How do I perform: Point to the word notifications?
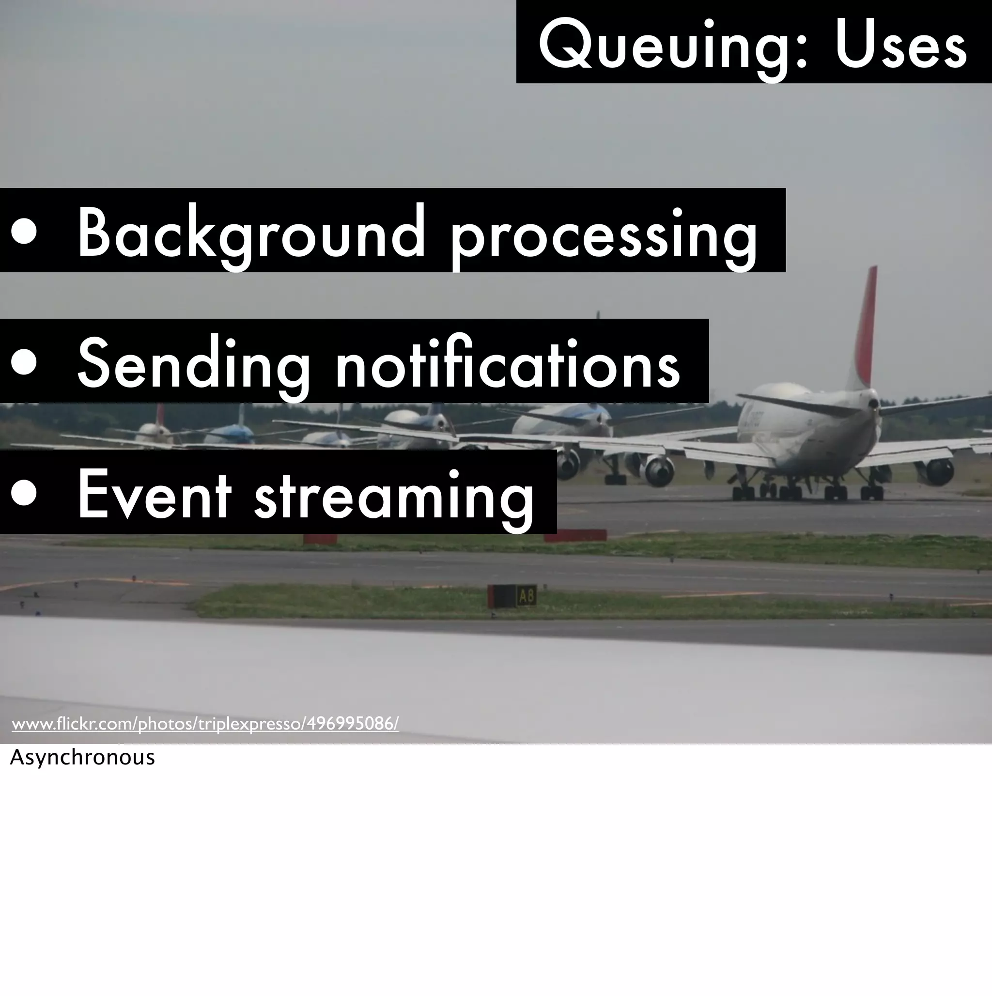507,363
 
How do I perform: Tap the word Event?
154,494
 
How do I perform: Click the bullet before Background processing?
24,231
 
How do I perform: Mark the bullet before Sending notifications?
24,361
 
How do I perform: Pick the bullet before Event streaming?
24,492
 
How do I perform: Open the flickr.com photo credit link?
205,724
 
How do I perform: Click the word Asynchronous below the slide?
82,757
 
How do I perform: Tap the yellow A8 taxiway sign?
526,596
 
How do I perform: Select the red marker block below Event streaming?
320,539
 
